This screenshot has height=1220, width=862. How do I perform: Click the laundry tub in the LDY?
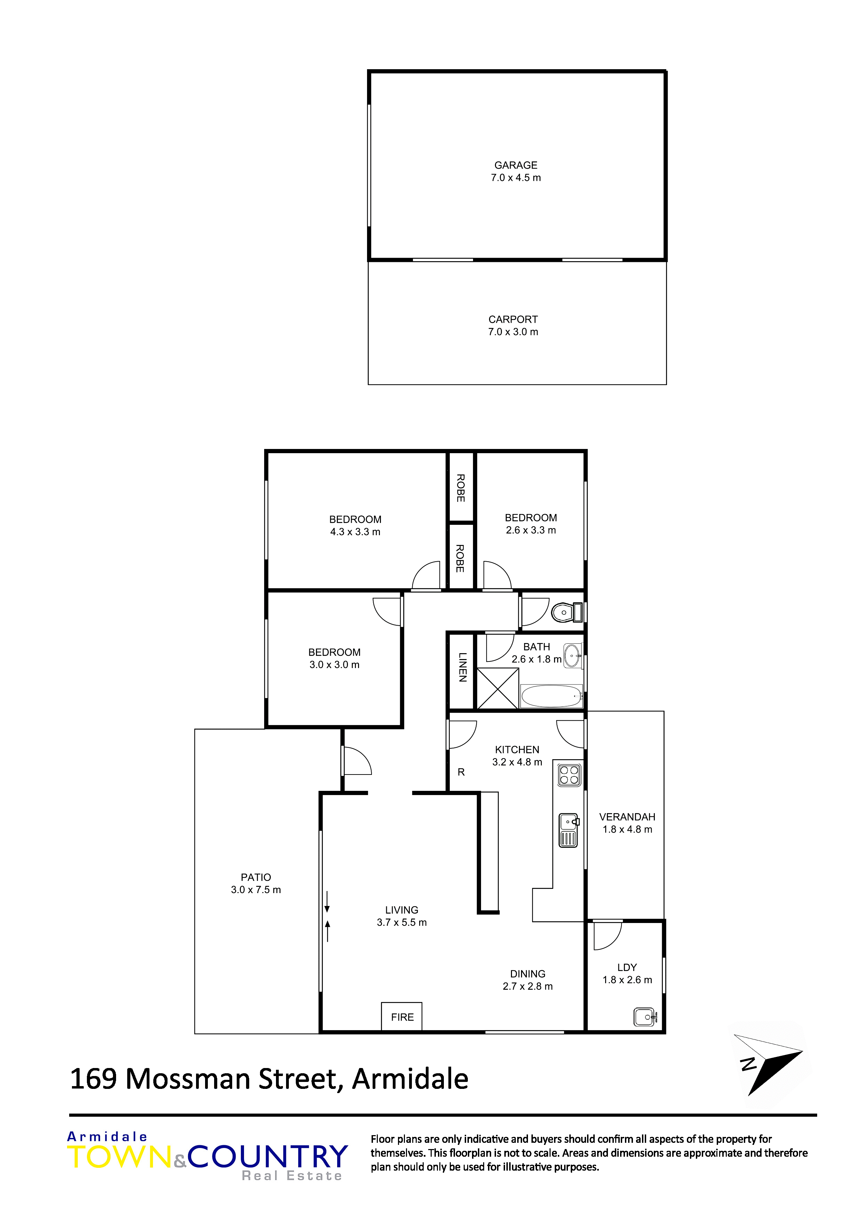[x=646, y=1017]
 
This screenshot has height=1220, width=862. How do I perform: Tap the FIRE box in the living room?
[x=402, y=1017]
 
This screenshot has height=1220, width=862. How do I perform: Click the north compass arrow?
[x=768, y=1063]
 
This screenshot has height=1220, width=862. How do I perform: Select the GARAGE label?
[x=516, y=165]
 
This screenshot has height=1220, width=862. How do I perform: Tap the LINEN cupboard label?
[x=463, y=667]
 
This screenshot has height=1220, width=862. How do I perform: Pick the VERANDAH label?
[x=627, y=817]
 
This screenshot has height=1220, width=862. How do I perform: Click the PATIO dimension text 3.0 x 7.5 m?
[x=256, y=890]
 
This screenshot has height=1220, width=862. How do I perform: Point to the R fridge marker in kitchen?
[x=461, y=772]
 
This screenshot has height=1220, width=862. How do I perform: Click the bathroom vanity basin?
[x=572, y=656]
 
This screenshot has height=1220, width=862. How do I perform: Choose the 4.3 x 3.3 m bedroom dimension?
[x=355, y=532]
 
